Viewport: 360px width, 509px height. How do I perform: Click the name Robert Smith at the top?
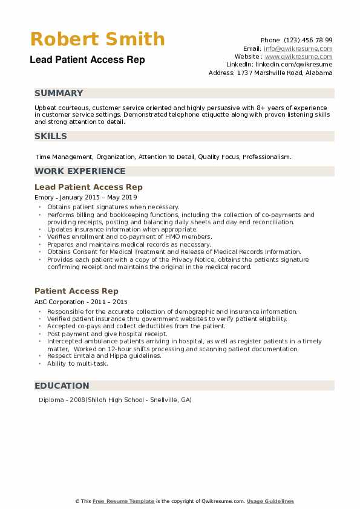coord(97,39)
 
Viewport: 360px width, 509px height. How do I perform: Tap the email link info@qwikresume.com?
coord(298,48)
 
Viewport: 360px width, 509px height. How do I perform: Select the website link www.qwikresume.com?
coord(298,56)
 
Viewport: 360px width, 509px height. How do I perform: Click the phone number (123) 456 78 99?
coord(309,40)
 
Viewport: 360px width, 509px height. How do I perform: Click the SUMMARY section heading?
coord(59,93)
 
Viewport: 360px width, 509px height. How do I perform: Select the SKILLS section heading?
coord(51,136)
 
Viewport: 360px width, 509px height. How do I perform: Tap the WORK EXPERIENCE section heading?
coord(80,171)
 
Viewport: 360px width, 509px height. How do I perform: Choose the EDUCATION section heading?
coord(62,386)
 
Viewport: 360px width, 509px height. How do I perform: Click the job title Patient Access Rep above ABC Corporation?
coord(76,291)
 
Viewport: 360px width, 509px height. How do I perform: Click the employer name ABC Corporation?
coord(60,301)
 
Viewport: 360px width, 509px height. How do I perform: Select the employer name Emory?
coord(44,197)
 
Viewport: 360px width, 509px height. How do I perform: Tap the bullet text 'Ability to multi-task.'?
coord(77,363)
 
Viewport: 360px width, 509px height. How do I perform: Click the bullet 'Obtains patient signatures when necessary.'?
coord(113,207)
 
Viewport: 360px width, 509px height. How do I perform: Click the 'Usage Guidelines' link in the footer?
coord(270,501)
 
